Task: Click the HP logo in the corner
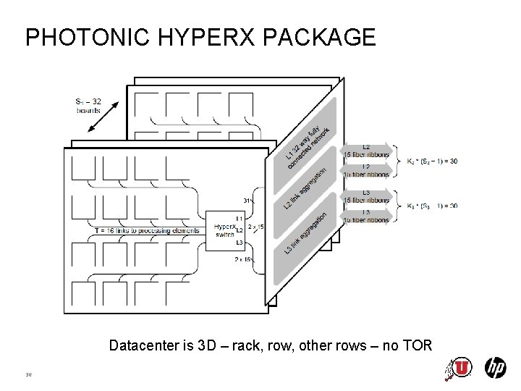click(495, 368)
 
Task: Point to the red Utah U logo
click(461, 368)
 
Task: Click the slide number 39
click(29, 374)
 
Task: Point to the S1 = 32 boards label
click(88, 105)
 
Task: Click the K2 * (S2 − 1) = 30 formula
click(432, 161)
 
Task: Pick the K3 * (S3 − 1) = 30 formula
click(432, 206)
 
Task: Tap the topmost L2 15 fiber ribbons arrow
click(366, 151)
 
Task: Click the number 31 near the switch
click(247, 201)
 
